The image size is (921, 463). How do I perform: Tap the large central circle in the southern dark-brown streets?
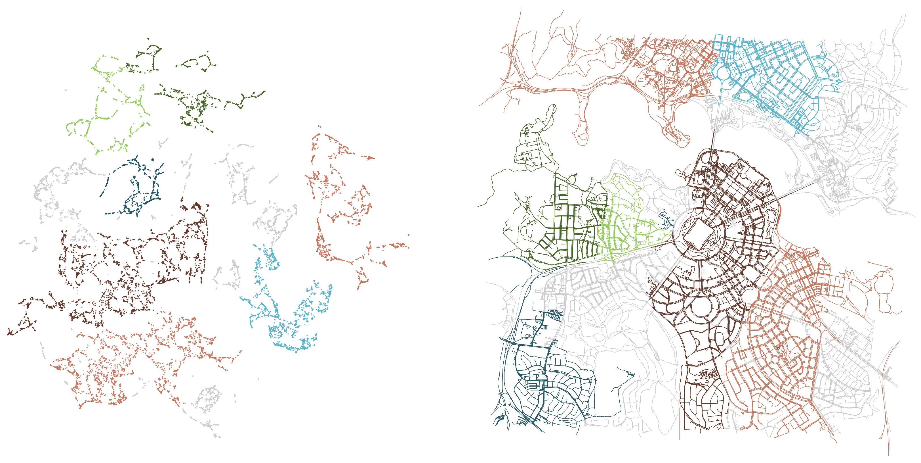[702, 308]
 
